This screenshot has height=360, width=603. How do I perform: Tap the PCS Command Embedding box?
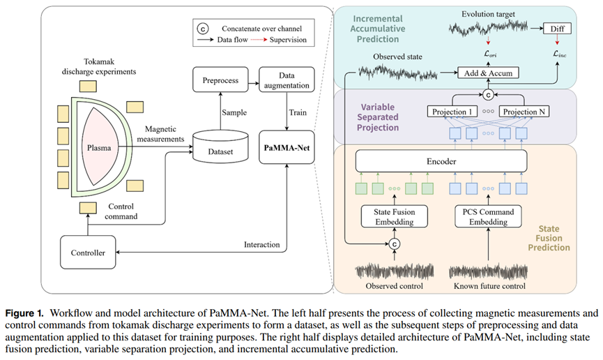click(489, 216)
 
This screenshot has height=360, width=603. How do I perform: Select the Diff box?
click(558, 29)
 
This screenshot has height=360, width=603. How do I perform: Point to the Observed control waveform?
click(395, 271)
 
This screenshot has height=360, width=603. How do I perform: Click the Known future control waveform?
click(489, 271)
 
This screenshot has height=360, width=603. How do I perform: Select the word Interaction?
click(263, 244)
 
